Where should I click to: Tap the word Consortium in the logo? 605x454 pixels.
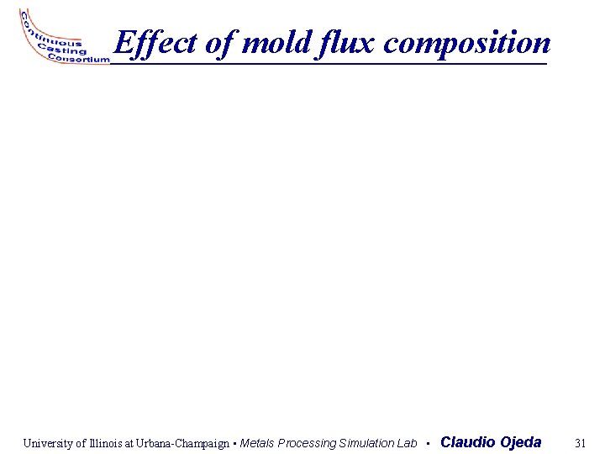coord(79,60)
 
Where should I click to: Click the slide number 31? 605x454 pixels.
coord(579,442)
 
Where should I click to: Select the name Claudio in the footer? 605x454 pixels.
coord(467,442)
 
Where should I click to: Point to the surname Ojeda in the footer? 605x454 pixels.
coord(521,442)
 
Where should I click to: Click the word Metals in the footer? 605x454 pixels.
coord(257,443)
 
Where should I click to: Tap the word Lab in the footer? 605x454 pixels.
coord(407,443)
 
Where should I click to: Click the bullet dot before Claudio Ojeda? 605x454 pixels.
coord(428,443)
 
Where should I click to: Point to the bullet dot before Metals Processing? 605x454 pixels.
coord(234,443)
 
